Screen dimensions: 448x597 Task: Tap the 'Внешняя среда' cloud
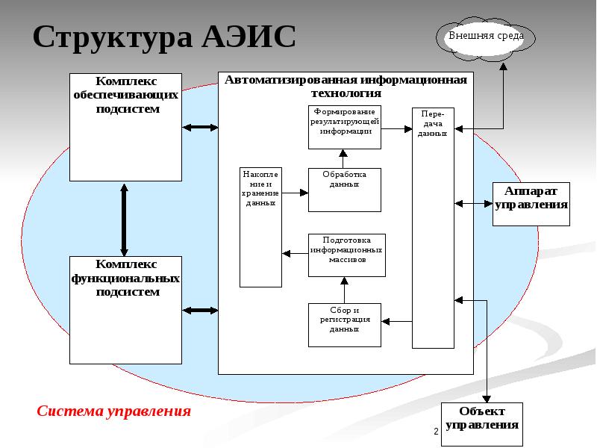coord(486,37)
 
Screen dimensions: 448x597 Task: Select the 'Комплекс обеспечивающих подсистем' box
coord(125,127)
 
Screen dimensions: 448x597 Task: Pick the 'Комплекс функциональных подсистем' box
coord(125,310)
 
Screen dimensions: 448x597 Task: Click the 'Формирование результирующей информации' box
coord(345,127)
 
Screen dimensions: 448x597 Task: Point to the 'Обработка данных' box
coord(345,189)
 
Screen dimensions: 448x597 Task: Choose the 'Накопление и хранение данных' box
coord(260,227)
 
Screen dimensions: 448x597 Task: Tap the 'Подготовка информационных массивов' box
coord(346,255)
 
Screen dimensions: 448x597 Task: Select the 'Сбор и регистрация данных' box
coord(345,325)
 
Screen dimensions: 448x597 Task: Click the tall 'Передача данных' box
coord(433,228)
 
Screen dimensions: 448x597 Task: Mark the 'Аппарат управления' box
coord(531,204)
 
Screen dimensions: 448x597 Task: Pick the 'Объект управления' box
coord(482,424)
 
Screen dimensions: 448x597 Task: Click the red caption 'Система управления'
coord(114,411)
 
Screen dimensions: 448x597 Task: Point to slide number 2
coord(435,433)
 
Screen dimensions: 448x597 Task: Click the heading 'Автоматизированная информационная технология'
coord(346,87)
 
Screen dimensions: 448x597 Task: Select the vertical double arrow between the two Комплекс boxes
coord(124,219)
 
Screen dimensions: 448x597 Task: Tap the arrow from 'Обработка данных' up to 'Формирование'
coord(344,158)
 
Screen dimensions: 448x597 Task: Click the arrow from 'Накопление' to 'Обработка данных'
coord(295,193)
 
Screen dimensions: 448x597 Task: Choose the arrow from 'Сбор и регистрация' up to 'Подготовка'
coord(344,290)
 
